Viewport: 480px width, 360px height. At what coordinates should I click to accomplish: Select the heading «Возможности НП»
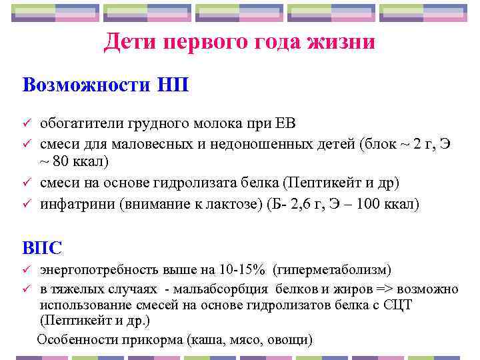pyautogui.click(x=105, y=85)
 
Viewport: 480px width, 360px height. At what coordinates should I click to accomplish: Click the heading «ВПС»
pyautogui.click(x=43, y=247)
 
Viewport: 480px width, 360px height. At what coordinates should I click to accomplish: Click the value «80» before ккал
pyautogui.click(x=62, y=161)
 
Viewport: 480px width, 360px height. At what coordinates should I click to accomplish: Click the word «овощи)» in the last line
pyautogui.click(x=289, y=339)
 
